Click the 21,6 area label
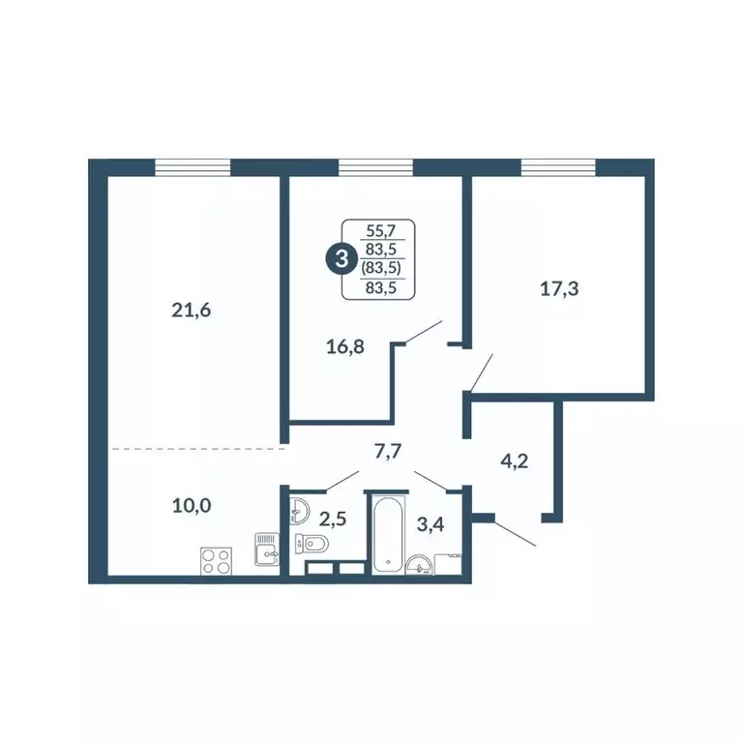[x=190, y=310]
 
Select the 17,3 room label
[x=560, y=286]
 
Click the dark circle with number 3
[x=340, y=258]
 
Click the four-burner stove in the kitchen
[x=215, y=561]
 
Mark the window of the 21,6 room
[x=193, y=167]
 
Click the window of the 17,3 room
[x=557, y=167]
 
